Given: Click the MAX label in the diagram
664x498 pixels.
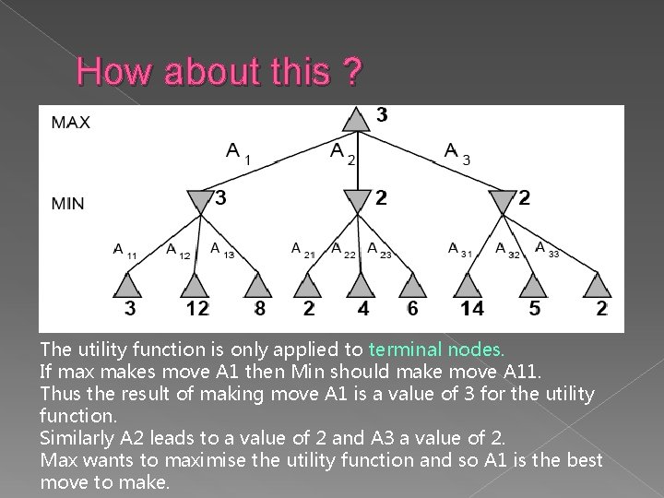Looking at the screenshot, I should [70, 122].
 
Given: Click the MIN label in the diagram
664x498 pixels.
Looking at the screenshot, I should [67, 203].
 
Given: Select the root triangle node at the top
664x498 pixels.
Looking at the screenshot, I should [356, 120].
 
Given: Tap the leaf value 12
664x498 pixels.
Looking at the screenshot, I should [196, 309].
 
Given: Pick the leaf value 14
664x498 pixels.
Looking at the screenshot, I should [471, 309].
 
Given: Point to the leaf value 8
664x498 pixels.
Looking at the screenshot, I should [260, 309].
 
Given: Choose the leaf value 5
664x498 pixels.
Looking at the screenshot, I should [535, 309].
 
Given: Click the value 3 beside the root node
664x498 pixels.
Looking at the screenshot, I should [382, 115].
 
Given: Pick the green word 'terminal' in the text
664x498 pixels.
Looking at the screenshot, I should [403, 350].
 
